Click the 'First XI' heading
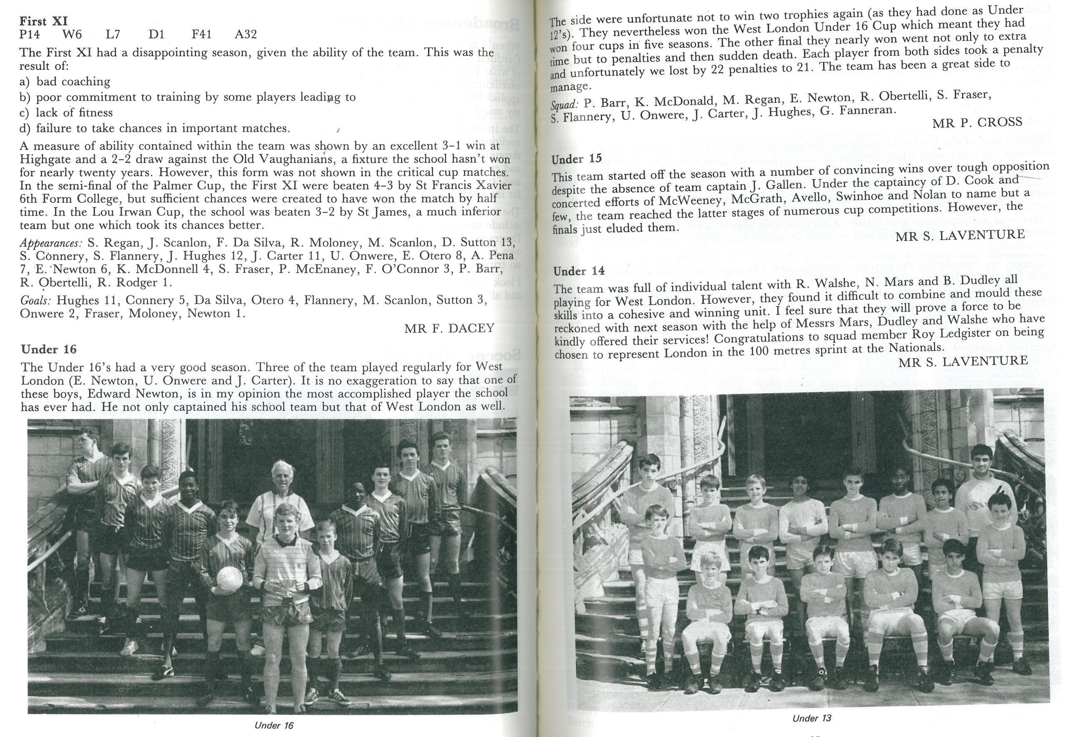click(x=44, y=21)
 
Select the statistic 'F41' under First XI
click(x=202, y=34)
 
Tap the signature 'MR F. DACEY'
click(x=449, y=328)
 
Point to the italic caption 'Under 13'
click(x=812, y=719)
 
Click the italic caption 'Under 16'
click(x=274, y=725)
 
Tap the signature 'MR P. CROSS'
click(x=977, y=122)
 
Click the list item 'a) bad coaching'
click(x=65, y=82)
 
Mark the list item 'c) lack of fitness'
click(x=66, y=112)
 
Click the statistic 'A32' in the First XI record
click(x=246, y=34)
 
